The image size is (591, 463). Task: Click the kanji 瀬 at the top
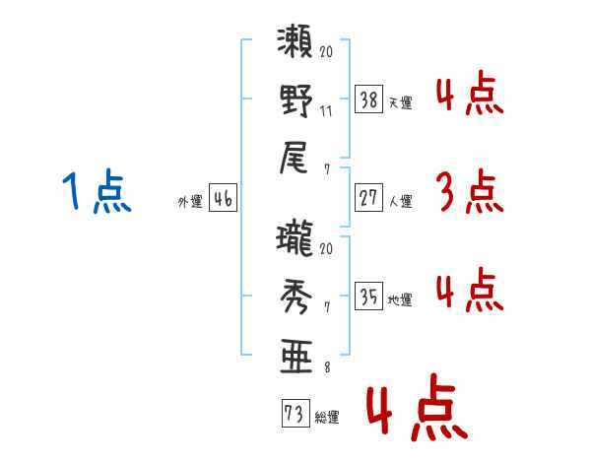(x=295, y=41)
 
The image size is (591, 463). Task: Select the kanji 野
(x=296, y=100)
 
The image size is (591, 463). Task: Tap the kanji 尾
(x=294, y=158)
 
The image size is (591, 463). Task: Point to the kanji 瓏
(x=295, y=239)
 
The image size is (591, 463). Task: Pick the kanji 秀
(x=296, y=297)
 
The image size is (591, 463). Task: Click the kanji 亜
(x=296, y=356)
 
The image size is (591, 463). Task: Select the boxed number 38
(x=368, y=99)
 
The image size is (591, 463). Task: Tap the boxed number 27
(x=368, y=198)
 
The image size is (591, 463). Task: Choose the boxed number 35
(x=368, y=296)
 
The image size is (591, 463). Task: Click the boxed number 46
(x=223, y=198)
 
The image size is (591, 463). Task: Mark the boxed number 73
(x=295, y=413)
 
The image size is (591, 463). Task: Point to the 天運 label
(x=401, y=102)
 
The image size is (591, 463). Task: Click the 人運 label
(x=401, y=201)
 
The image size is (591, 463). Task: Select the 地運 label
(x=400, y=300)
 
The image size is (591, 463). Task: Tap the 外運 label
(x=190, y=201)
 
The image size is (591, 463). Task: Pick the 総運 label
(x=327, y=417)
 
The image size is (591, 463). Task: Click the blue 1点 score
(x=97, y=191)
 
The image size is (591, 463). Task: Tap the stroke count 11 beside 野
(x=326, y=111)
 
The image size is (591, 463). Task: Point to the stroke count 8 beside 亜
(x=327, y=367)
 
